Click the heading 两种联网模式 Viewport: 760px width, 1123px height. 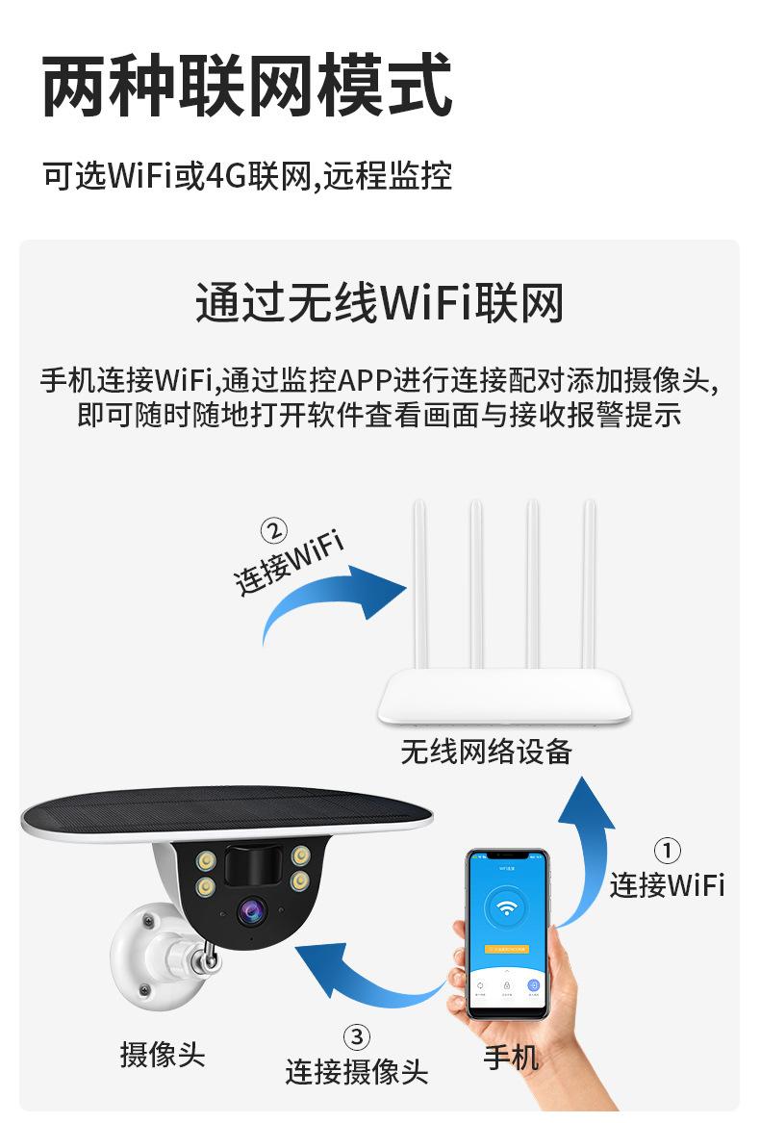[247, 88]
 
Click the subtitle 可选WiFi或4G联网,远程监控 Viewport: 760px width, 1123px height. [247, 177]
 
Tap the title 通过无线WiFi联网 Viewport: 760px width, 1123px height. [379, 302]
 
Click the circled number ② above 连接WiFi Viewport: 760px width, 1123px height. [274, 531]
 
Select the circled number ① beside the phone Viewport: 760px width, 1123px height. [667, 851]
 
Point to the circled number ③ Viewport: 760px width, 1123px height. [356, 1036]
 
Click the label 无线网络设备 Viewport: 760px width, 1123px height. [486, 752]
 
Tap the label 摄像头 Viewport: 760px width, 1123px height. [163, 1054]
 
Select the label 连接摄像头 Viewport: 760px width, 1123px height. [356, 1071]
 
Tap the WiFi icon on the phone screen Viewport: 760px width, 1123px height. [504, 907]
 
